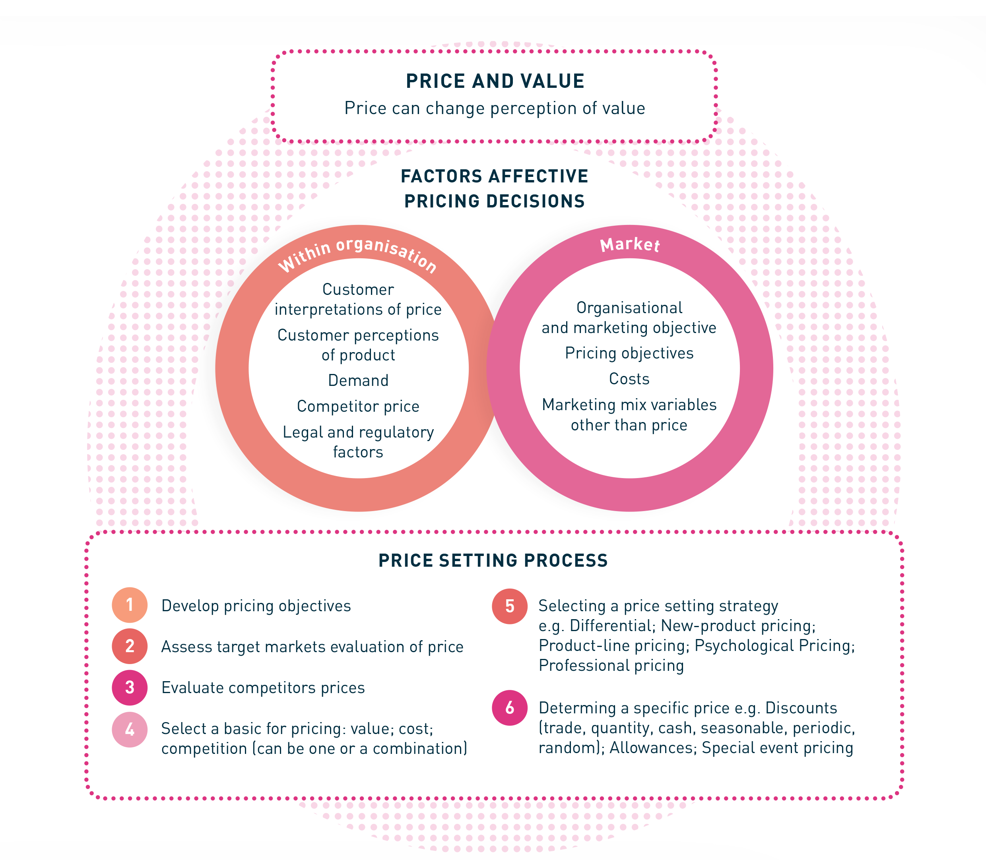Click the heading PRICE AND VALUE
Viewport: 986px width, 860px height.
(x=495, y=81)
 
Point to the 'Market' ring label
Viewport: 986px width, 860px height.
(x=630, y=245)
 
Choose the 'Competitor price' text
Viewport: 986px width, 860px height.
(x=358, y=407)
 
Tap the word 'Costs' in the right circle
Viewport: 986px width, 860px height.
(x=629, y=379)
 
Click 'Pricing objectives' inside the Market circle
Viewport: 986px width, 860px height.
(x=629, y=353)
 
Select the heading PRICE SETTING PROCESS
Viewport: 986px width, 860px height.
(x=493, y=560)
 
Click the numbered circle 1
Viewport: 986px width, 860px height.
(x=130, y=605)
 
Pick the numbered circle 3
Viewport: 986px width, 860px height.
(x=130, y=687)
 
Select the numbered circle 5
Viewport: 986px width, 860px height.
(x=510, y=606)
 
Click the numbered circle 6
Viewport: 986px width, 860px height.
(x=510, y=707)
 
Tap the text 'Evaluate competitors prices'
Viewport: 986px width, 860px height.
(x=263, y=688)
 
